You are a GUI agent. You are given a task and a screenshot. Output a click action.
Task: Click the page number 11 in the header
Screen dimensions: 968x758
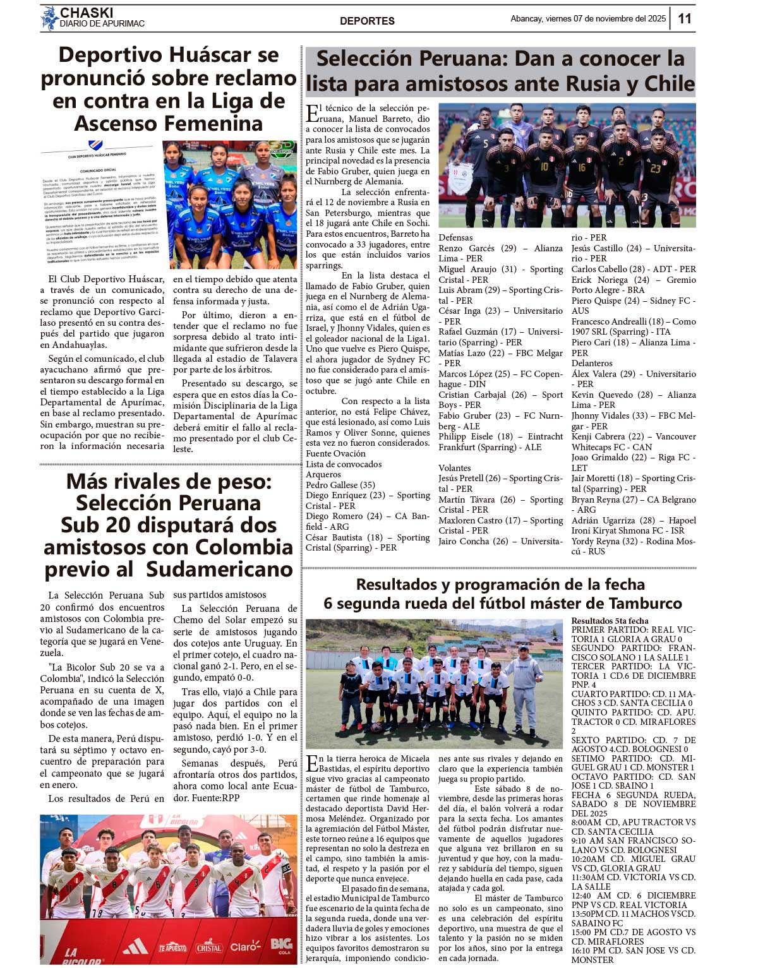tap(685, 18)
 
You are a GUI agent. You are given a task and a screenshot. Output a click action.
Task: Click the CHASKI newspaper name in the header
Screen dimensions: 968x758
tap(87, 13)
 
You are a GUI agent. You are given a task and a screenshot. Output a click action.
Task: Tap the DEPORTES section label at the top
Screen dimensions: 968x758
tap(367, 21)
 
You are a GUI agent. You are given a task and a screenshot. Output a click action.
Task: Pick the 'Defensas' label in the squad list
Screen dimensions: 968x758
tap(455, 237)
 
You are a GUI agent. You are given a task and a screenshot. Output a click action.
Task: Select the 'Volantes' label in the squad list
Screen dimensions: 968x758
tap(455, 468)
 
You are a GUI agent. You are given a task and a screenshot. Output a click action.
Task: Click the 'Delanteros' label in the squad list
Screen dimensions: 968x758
tap(592, 363)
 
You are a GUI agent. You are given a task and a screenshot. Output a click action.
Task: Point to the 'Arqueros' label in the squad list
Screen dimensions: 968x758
tap(323, 474)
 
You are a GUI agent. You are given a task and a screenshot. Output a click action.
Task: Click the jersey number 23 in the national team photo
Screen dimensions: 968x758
tap(656, 169)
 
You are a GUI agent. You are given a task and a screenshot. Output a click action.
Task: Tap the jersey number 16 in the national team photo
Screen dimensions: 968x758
tap(582, 167)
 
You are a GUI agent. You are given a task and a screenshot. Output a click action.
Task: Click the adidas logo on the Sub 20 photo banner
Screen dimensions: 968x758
tap(135, 945)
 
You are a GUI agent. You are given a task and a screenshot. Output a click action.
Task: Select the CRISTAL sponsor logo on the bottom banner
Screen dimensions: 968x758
tap(209, 947)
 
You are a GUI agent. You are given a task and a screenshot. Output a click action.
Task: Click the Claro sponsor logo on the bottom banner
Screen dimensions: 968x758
tap(245, 946)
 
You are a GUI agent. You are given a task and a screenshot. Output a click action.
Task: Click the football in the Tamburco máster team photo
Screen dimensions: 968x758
tap(377, 727)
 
